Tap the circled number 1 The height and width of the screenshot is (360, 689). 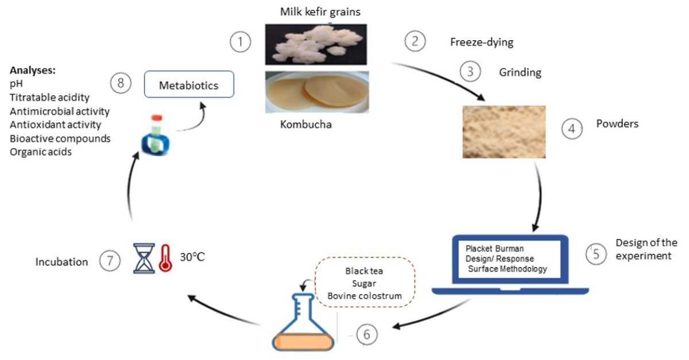(241, 42)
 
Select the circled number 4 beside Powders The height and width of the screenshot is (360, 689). (571, 129)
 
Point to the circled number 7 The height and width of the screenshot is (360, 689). (109, 261)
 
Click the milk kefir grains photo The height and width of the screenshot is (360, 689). (316, 45)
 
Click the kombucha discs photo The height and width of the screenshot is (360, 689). (316, 92)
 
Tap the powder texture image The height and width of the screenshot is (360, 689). (504, 131)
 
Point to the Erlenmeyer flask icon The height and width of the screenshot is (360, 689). (303, 322)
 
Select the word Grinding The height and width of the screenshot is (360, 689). (520, 73)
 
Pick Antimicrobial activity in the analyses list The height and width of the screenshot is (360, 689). (60, 111)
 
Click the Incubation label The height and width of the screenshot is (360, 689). (62, 262)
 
